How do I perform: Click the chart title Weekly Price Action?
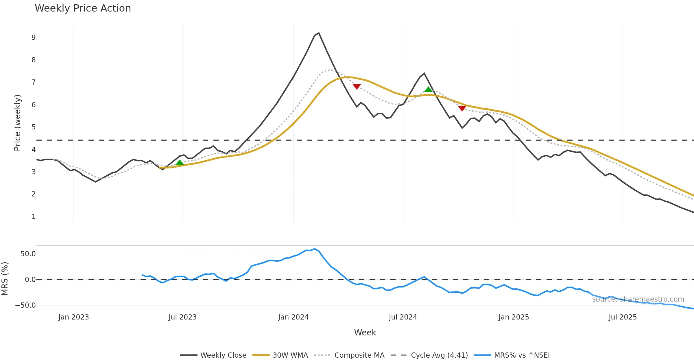[x=83, y=8]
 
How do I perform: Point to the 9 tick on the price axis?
[x=34, y=38]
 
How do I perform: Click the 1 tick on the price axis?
[x=34, y=217]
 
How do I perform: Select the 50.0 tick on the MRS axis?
[x=28, y=254]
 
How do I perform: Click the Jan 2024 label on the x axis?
[x=293, y=317]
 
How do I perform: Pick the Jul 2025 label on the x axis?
[x=623, y=317]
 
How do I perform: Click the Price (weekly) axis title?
[x=17, y=122]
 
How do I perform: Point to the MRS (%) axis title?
[x=5, y=278]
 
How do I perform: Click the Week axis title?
[x=365, y=333]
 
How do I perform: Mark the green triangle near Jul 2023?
[x=180, y=163]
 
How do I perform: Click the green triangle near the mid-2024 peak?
[x=428, y=89]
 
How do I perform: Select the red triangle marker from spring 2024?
[x=357, y=86]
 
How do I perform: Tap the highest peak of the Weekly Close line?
[x=319, y=33]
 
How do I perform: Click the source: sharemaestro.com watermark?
[x=638, y=299]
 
